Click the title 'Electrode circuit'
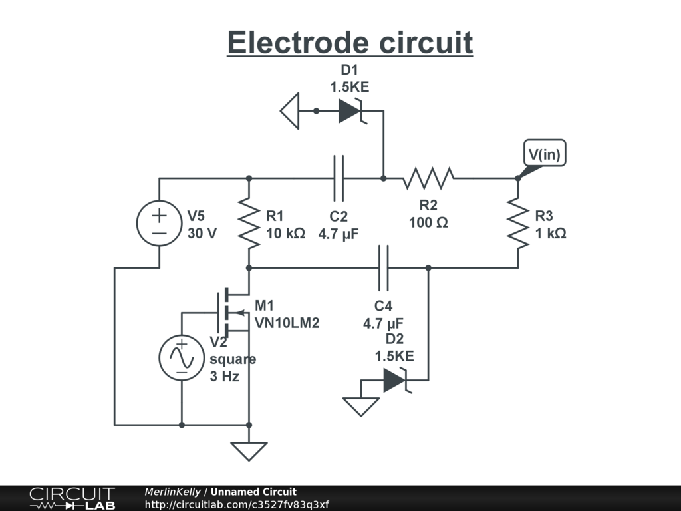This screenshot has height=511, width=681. [350, 43]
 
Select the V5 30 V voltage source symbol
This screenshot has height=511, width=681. [159, 223]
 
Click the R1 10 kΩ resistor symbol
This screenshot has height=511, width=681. [249, 223]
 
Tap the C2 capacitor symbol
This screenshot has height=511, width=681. [339, 178]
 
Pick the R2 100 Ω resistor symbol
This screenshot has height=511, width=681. [428, 178]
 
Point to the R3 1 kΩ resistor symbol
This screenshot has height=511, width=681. [518, 223]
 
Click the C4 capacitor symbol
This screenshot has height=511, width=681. [384, 267]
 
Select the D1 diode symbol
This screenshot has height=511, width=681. [351, 111]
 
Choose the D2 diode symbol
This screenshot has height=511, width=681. [396, 380]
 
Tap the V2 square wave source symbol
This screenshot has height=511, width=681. [182, 357]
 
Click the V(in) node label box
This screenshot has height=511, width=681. [545, 153]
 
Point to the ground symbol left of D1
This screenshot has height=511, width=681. [290, 111]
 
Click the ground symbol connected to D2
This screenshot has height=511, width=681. [361, 407]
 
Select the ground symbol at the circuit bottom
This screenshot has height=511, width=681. [249, 452]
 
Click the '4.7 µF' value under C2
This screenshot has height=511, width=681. [339, 234]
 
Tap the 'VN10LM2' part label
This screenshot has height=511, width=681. [287, 323]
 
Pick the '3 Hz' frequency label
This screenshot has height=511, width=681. [225, 376]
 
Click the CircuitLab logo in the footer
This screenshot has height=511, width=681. [72, 498]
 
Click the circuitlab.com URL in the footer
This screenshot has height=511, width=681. [237, 504]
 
